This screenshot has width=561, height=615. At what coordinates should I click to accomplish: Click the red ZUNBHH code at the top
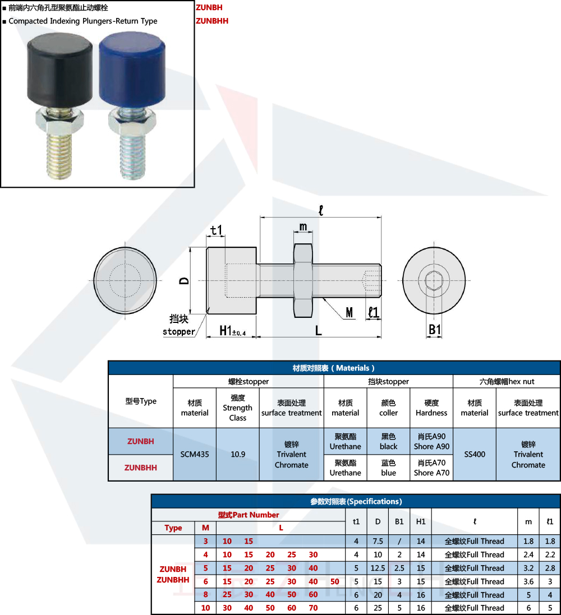pos(212,21)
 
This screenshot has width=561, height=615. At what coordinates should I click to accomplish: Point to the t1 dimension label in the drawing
pos(217,230)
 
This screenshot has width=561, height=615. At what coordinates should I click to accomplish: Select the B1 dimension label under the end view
pos(435,330)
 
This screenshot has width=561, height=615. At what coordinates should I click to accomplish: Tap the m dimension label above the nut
pos(303,226)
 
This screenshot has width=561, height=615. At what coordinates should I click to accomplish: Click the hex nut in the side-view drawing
pos(303,280)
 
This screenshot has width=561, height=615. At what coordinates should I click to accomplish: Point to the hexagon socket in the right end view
pos(434,280)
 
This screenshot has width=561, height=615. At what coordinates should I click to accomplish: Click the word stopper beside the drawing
pos(179,331)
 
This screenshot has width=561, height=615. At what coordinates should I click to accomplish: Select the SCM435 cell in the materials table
pos(195,454)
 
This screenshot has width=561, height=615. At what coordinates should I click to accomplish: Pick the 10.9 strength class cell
pos(238,454)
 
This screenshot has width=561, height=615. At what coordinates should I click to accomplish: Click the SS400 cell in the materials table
pos(475,454)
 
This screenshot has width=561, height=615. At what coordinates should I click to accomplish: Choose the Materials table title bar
pos(334,368)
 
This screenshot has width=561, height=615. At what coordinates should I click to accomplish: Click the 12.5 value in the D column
pos(378,568)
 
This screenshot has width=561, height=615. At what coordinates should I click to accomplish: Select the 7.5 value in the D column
pos(378,542)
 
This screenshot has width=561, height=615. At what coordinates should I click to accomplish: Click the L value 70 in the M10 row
pos(313,608)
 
